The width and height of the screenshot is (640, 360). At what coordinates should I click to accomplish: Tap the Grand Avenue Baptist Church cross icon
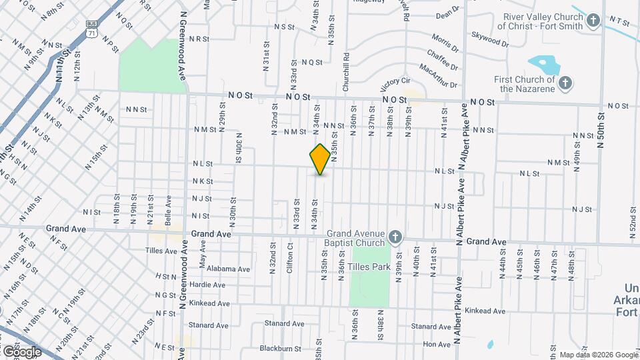395,237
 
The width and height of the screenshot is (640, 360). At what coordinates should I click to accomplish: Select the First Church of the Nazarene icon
565,83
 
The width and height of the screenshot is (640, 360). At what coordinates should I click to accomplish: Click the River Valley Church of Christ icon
593,21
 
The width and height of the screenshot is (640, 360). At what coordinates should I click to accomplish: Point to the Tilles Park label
371,267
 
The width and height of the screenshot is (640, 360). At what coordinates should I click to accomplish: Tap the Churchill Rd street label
346,72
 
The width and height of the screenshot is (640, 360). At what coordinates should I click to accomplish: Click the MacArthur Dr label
438,75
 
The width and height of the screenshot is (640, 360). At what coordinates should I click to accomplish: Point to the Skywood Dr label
489,39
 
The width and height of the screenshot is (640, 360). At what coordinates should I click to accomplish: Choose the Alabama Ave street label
227,269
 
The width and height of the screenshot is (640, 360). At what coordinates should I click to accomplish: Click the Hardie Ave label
209,285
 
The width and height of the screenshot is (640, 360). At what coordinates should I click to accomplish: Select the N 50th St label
601,133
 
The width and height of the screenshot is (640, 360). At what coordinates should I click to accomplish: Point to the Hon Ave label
437,344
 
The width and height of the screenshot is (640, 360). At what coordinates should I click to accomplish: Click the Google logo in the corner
21,351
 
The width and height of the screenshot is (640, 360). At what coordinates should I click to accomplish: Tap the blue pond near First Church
545,65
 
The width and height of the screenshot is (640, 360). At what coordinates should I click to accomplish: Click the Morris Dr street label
445,44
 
